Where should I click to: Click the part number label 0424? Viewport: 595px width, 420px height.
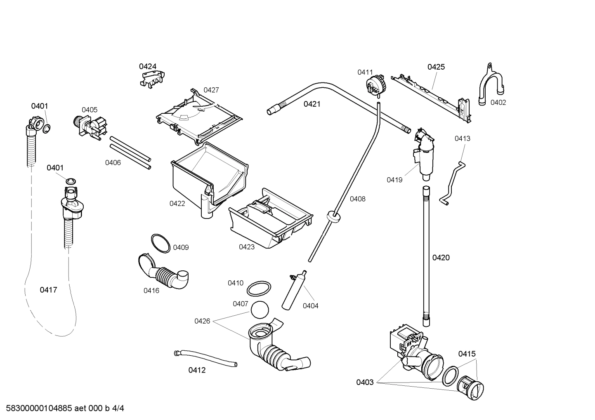(x=147, y=66)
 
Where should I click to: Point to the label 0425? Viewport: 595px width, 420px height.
(x=436, y=67)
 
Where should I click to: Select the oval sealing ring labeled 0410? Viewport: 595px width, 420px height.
(x=259, y=289)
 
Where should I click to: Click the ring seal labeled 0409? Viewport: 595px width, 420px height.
(x=160, y=243)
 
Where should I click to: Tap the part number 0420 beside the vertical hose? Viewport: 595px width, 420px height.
(x=441, y=258)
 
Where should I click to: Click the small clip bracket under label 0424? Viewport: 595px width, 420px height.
(x=151, y=78)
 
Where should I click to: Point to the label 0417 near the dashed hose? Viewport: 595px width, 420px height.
(x=48, y=290)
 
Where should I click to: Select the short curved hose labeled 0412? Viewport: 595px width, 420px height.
(x=205, y=357)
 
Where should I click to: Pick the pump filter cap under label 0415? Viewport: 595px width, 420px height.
(x=470, y=387)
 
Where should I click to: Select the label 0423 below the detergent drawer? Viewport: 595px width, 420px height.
(x=247, y=247)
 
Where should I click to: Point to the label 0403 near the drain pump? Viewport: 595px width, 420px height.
(x=365, y=382)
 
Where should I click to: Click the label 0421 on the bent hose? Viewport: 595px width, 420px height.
(x=312, y=104)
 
